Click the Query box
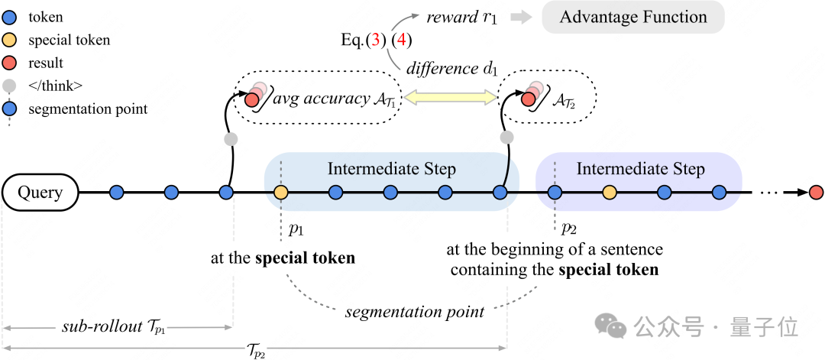(40, 193)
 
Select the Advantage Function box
(633, 18)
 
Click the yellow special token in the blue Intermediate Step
(281, 193)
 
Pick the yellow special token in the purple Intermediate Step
(610, 193)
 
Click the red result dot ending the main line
(816, 193)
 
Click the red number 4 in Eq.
(402, 40)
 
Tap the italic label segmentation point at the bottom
(415, 311)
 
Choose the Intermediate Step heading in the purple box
(640, 170)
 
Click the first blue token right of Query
(116, 193)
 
